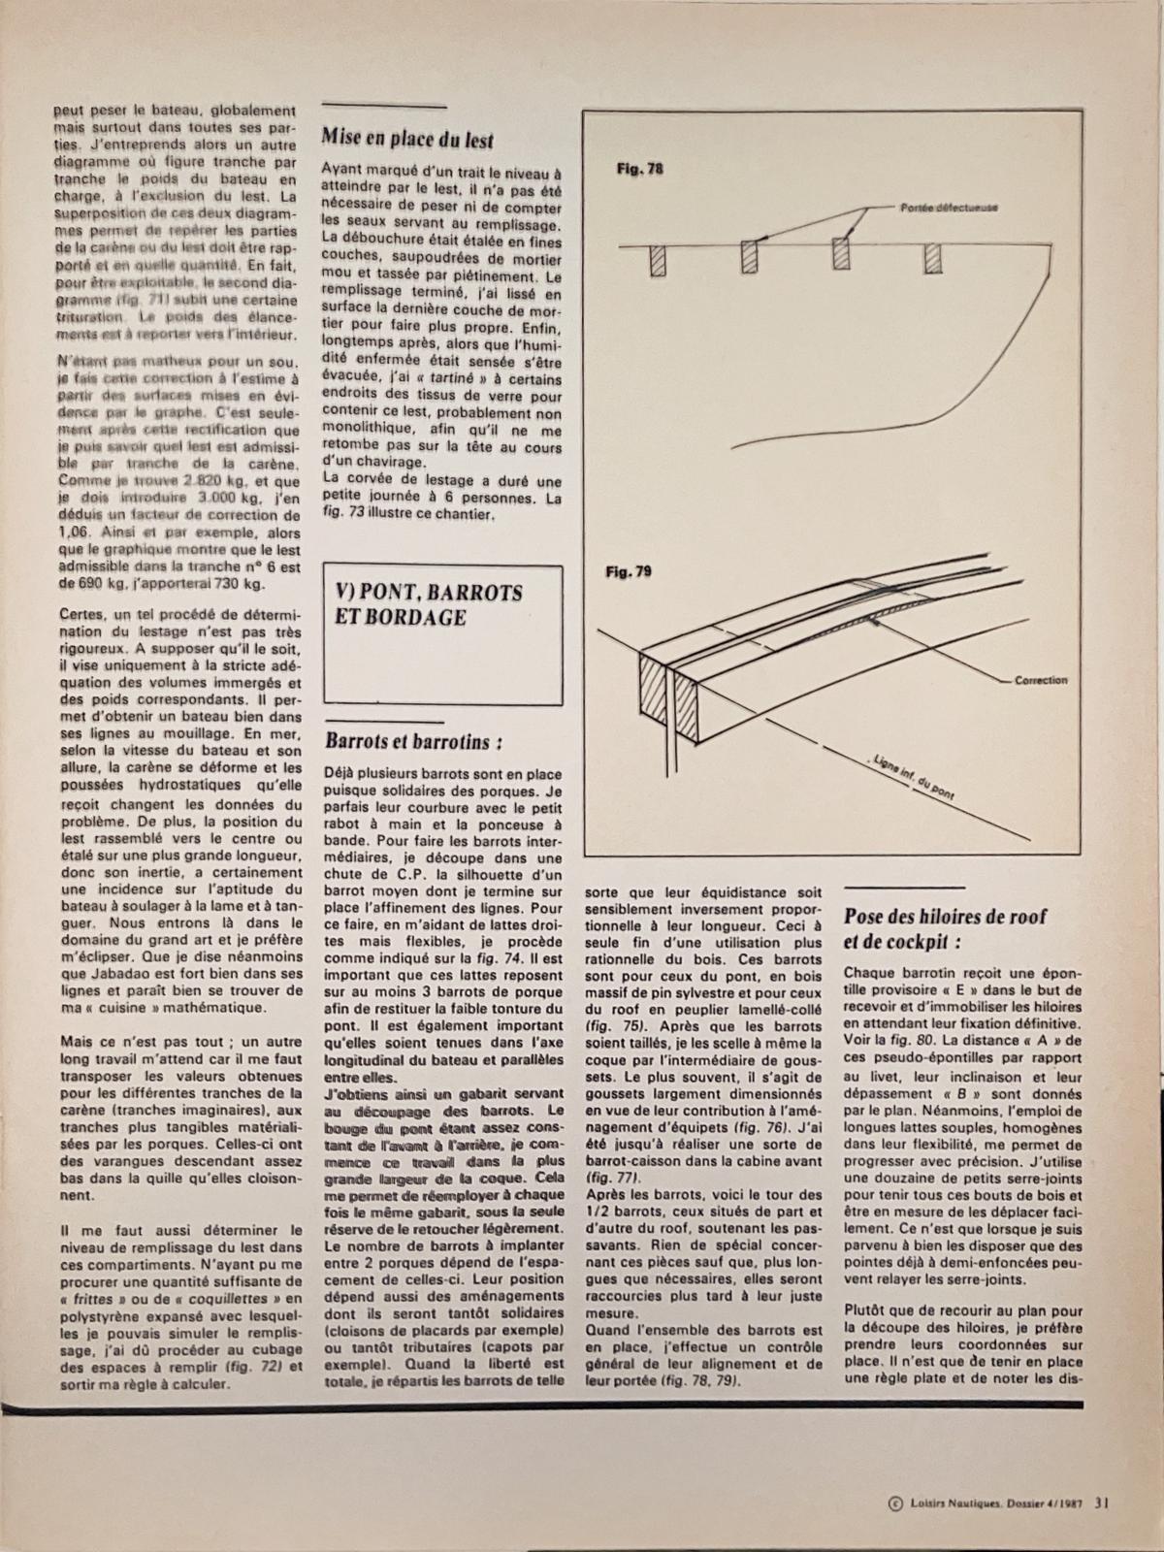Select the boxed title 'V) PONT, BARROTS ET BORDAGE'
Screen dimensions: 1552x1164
428,605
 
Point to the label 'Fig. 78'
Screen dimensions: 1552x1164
640,169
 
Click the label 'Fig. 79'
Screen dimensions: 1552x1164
629,572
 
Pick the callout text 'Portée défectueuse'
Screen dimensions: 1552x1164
950,208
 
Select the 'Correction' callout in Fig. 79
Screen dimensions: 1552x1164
1041,681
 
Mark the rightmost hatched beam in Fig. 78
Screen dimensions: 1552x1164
933,258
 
